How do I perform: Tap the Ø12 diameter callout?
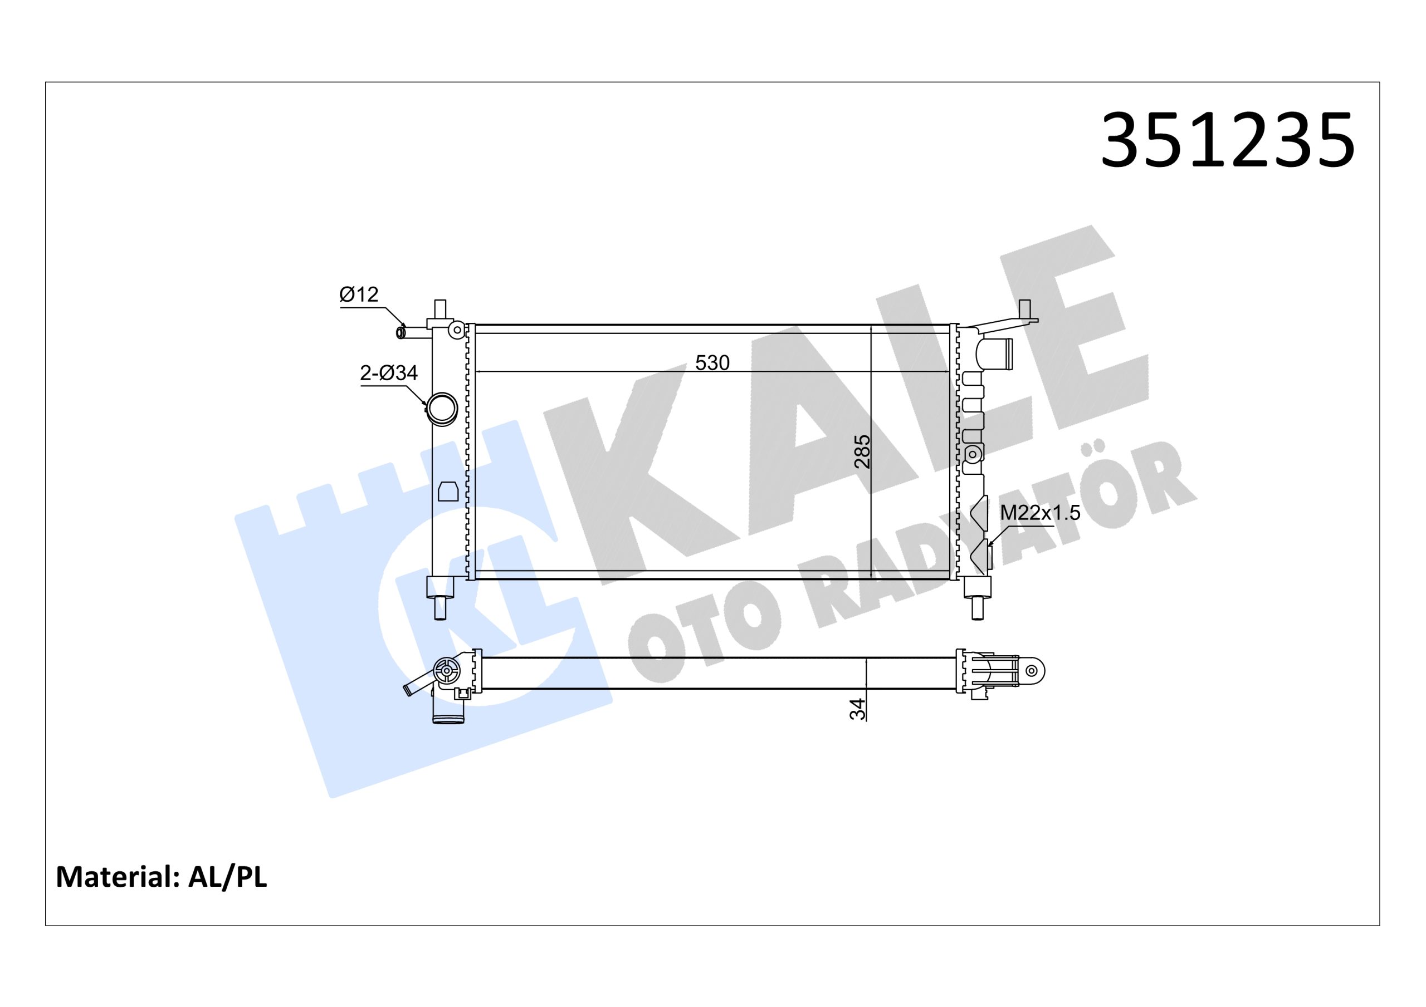[x=359, y=294]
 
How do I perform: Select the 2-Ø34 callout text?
[x=389, y=373]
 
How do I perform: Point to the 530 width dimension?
[x=712, y=362]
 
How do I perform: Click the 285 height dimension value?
[x=862, y=451]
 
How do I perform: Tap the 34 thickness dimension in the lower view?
[x=858, y=709]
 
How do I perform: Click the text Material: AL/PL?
[x=162, y=877]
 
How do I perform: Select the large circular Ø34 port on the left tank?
[x=442, y=409]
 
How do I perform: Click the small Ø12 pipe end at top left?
[x=401, y=333]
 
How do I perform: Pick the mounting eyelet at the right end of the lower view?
[x=1032, y=671]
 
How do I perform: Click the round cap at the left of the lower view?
[x=447, y=671]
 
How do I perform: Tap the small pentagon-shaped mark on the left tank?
[x=448, y=490]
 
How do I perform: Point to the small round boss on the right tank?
[x=972, y=454]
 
